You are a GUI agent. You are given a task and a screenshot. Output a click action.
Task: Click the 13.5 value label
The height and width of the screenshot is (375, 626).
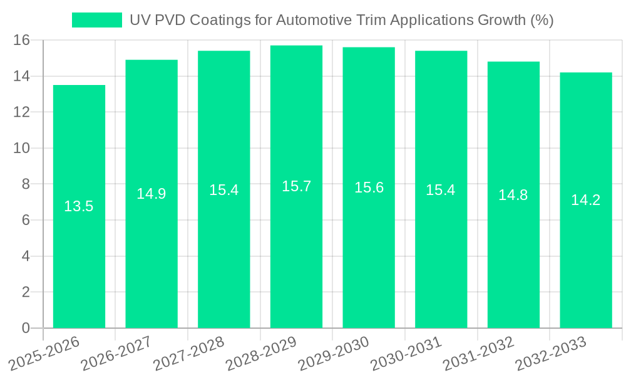pyautogui.click(x=79, y=206)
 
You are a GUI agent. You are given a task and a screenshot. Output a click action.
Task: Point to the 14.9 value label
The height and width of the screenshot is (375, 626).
pyautogui.click(x=151, y=194)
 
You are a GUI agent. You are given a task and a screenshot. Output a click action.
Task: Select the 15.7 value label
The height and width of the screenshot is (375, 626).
pyautogui.click(x=296, y=186)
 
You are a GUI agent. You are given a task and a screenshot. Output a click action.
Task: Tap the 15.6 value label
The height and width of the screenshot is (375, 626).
pyautogui.click(x=369, y=187)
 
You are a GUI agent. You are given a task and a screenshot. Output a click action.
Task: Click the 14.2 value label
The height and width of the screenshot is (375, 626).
pyautogui.click(x=585, y=200)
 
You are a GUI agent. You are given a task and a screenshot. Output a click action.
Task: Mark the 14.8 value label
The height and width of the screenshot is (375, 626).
pyautogui.click(x=513, y=195)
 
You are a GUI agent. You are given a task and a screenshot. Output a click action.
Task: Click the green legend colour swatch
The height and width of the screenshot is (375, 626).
pyautogui.click(x=97, y=20)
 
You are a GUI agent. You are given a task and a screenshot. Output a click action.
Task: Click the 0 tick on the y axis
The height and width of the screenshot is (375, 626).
pyautogui.click(x=26, y=328)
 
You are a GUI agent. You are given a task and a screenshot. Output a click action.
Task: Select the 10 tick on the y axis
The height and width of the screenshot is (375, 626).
pyautogui.click(x=22, y=149)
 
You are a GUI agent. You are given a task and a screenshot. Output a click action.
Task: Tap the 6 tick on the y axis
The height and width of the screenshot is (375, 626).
pyautogui.click(x=26, y=221)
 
